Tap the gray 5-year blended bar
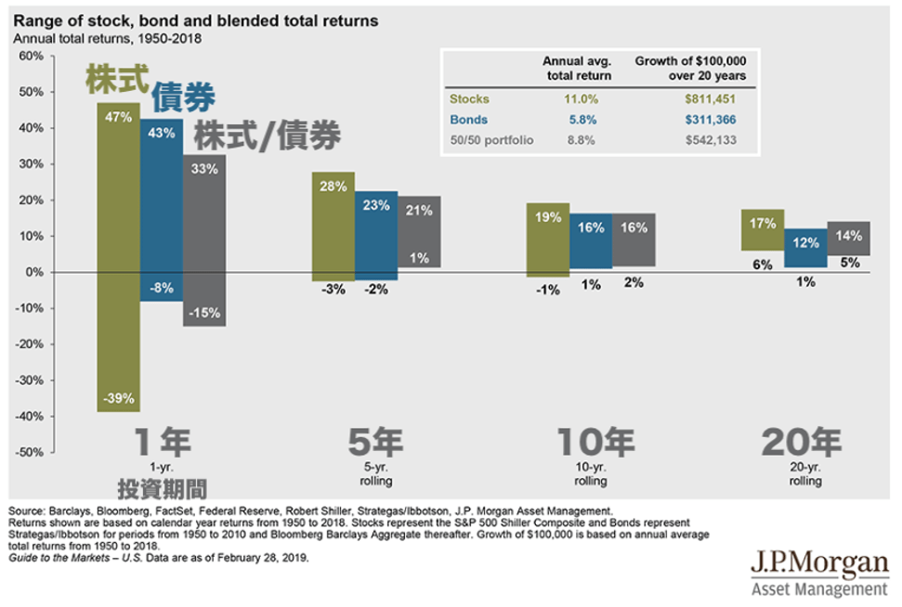(420, 232)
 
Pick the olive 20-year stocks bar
(763, 230)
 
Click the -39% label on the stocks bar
(118, 398)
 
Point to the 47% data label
(118, 118)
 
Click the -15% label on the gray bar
(204, 313)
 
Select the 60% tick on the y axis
(31, 57)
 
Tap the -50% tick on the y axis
(30, 452)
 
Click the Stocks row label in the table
(469, 98)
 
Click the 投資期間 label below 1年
(162, 489)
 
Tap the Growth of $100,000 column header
(690, 68)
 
